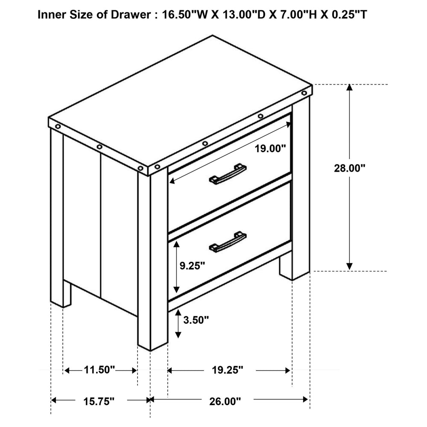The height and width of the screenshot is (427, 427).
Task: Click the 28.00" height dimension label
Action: point(349,168)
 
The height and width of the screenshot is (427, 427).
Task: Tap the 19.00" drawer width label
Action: point(270,149)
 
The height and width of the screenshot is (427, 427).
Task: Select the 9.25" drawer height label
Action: point(192,266)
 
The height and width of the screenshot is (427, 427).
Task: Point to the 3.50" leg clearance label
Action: point(196,320)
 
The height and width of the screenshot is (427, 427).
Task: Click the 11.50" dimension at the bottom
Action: point(99,370)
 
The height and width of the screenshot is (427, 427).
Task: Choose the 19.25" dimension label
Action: point(228,370)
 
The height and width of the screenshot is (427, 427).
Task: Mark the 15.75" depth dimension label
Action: point(99,401)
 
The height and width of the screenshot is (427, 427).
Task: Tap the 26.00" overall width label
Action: point(225,401)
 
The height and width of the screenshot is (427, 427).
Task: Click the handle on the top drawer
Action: point(228,174)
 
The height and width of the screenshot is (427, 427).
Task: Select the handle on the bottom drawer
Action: point(228,242)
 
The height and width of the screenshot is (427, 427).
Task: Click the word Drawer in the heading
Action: point(131,15)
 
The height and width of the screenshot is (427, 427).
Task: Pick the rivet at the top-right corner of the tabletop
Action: point(304,93)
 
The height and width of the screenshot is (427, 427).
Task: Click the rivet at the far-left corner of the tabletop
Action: point(58,127)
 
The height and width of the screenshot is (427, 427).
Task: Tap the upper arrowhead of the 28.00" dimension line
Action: point(349,88)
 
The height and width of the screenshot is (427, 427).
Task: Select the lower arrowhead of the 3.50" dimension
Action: point(178,334)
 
